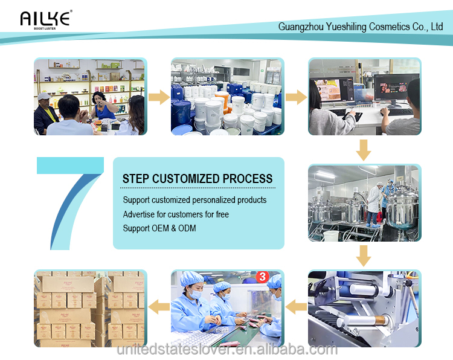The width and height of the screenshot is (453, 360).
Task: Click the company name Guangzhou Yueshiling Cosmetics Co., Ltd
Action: [x=361, y=27]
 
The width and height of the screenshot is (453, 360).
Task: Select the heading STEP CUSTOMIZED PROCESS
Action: [x=198, y=179]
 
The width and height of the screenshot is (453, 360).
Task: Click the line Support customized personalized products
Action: [x=194, y=200]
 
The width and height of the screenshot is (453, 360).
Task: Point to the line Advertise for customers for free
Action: [x=176, y=214]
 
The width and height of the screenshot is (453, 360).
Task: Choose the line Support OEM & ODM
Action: [x=159, y=228]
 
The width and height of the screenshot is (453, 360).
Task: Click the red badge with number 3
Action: [x=262, y=277]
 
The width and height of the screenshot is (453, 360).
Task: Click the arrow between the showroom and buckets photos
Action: [x=158, y=97]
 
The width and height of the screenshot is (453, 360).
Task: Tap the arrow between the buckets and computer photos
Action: [x=296, y=97]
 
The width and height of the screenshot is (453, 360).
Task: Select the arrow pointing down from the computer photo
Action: [x=364, y=150]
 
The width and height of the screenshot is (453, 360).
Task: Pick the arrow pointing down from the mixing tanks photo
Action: [x=364, y=256]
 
